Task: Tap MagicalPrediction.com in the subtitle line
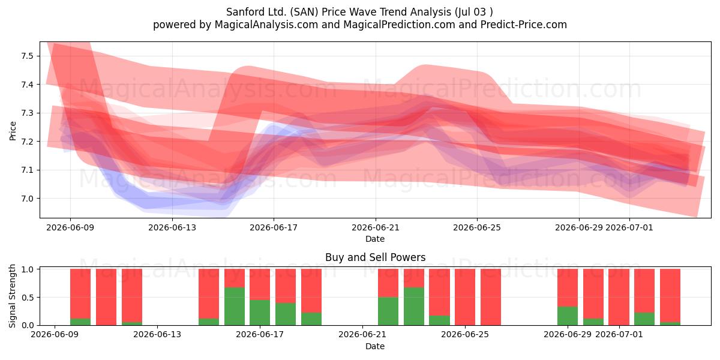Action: click(399, 25)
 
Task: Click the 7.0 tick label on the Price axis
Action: click(28, 199)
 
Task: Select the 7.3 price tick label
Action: click(28, 113)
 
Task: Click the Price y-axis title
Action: click(13, 131)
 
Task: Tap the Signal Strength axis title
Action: click(12, 296)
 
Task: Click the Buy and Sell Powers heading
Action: click(375, 257)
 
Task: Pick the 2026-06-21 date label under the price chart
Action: click(375, 227)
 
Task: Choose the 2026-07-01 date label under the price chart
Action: click(629, 227)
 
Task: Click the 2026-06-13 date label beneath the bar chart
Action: click(157, 334)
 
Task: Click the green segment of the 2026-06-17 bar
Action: click(260, 313)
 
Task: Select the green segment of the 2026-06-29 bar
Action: click(568, 316)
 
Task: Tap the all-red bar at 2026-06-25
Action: click(465, 297)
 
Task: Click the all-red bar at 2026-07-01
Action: click(619, 297)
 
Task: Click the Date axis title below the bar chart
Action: click(375, 346)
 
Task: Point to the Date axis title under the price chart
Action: click(375, 239)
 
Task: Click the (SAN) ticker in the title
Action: click(304, 12)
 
